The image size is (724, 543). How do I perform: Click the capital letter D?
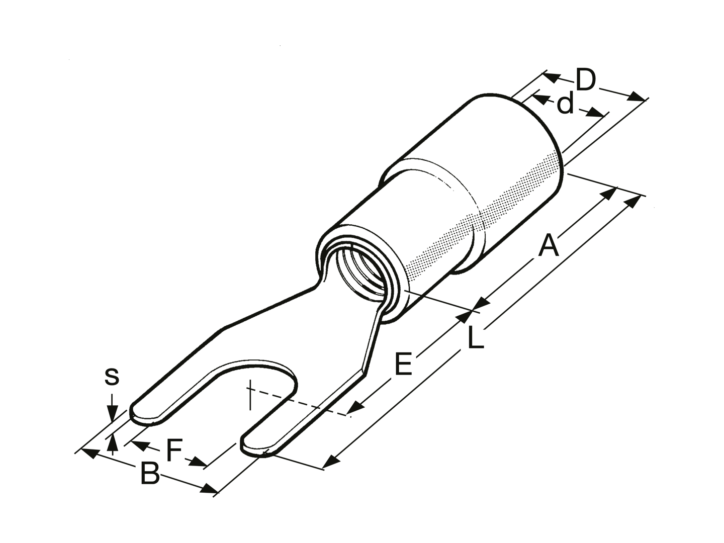(x=586, y=80)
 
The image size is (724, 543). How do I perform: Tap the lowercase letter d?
(x=566, y=104)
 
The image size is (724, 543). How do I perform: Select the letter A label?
(x=548, y=246)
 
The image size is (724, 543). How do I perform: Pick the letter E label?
(x=403, y=364)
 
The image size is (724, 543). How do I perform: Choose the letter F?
(x=174, y=450)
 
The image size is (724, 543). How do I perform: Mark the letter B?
(x=150, y=474)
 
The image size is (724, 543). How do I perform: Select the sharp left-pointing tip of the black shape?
(x=74, y=451)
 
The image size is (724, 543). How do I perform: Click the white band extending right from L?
(x=603, y=346)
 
